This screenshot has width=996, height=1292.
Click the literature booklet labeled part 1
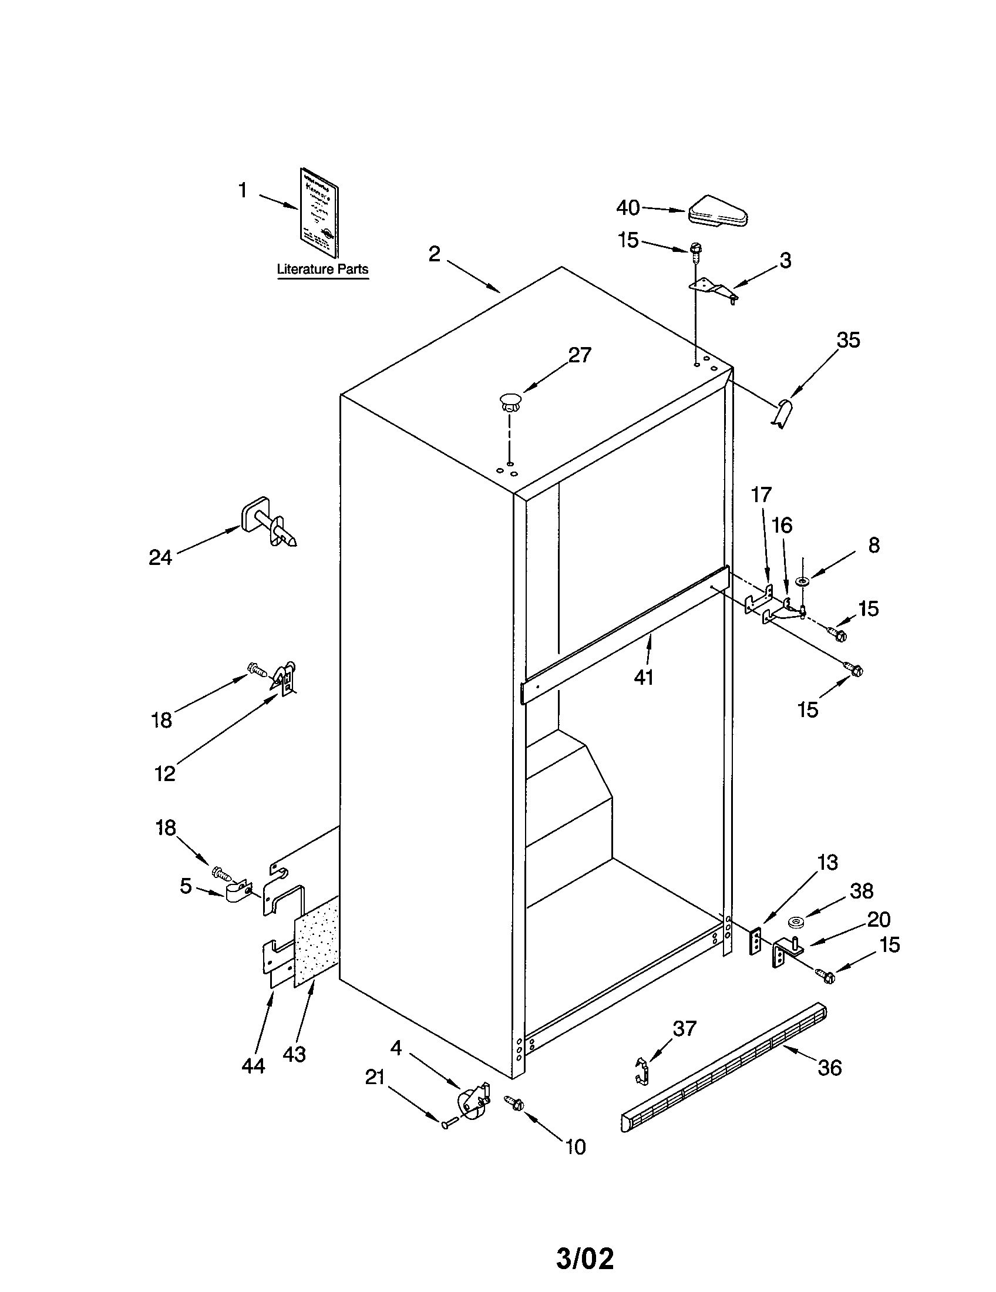click(x=319, y=213)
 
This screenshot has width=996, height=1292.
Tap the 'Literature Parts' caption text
click(x=322, y=269)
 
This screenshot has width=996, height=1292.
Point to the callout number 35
click(x=847, y=340)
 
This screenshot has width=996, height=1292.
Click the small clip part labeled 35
click(x=783, y=412)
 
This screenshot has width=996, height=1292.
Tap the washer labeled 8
click(x=803, y=582)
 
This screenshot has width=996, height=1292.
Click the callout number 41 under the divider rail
click(x=644, y=677)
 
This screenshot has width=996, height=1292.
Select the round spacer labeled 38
click(x=795, y=921)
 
